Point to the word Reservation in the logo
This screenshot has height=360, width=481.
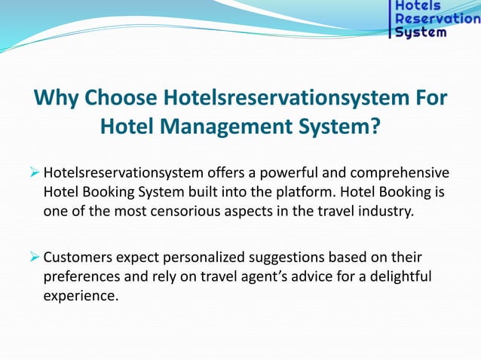tap(437, 19)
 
